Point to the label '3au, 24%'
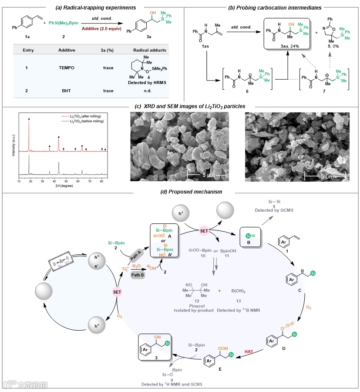[x=289, y=46]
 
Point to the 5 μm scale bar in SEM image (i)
[x=203, y=175]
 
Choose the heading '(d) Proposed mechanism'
[x=179, y=192]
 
